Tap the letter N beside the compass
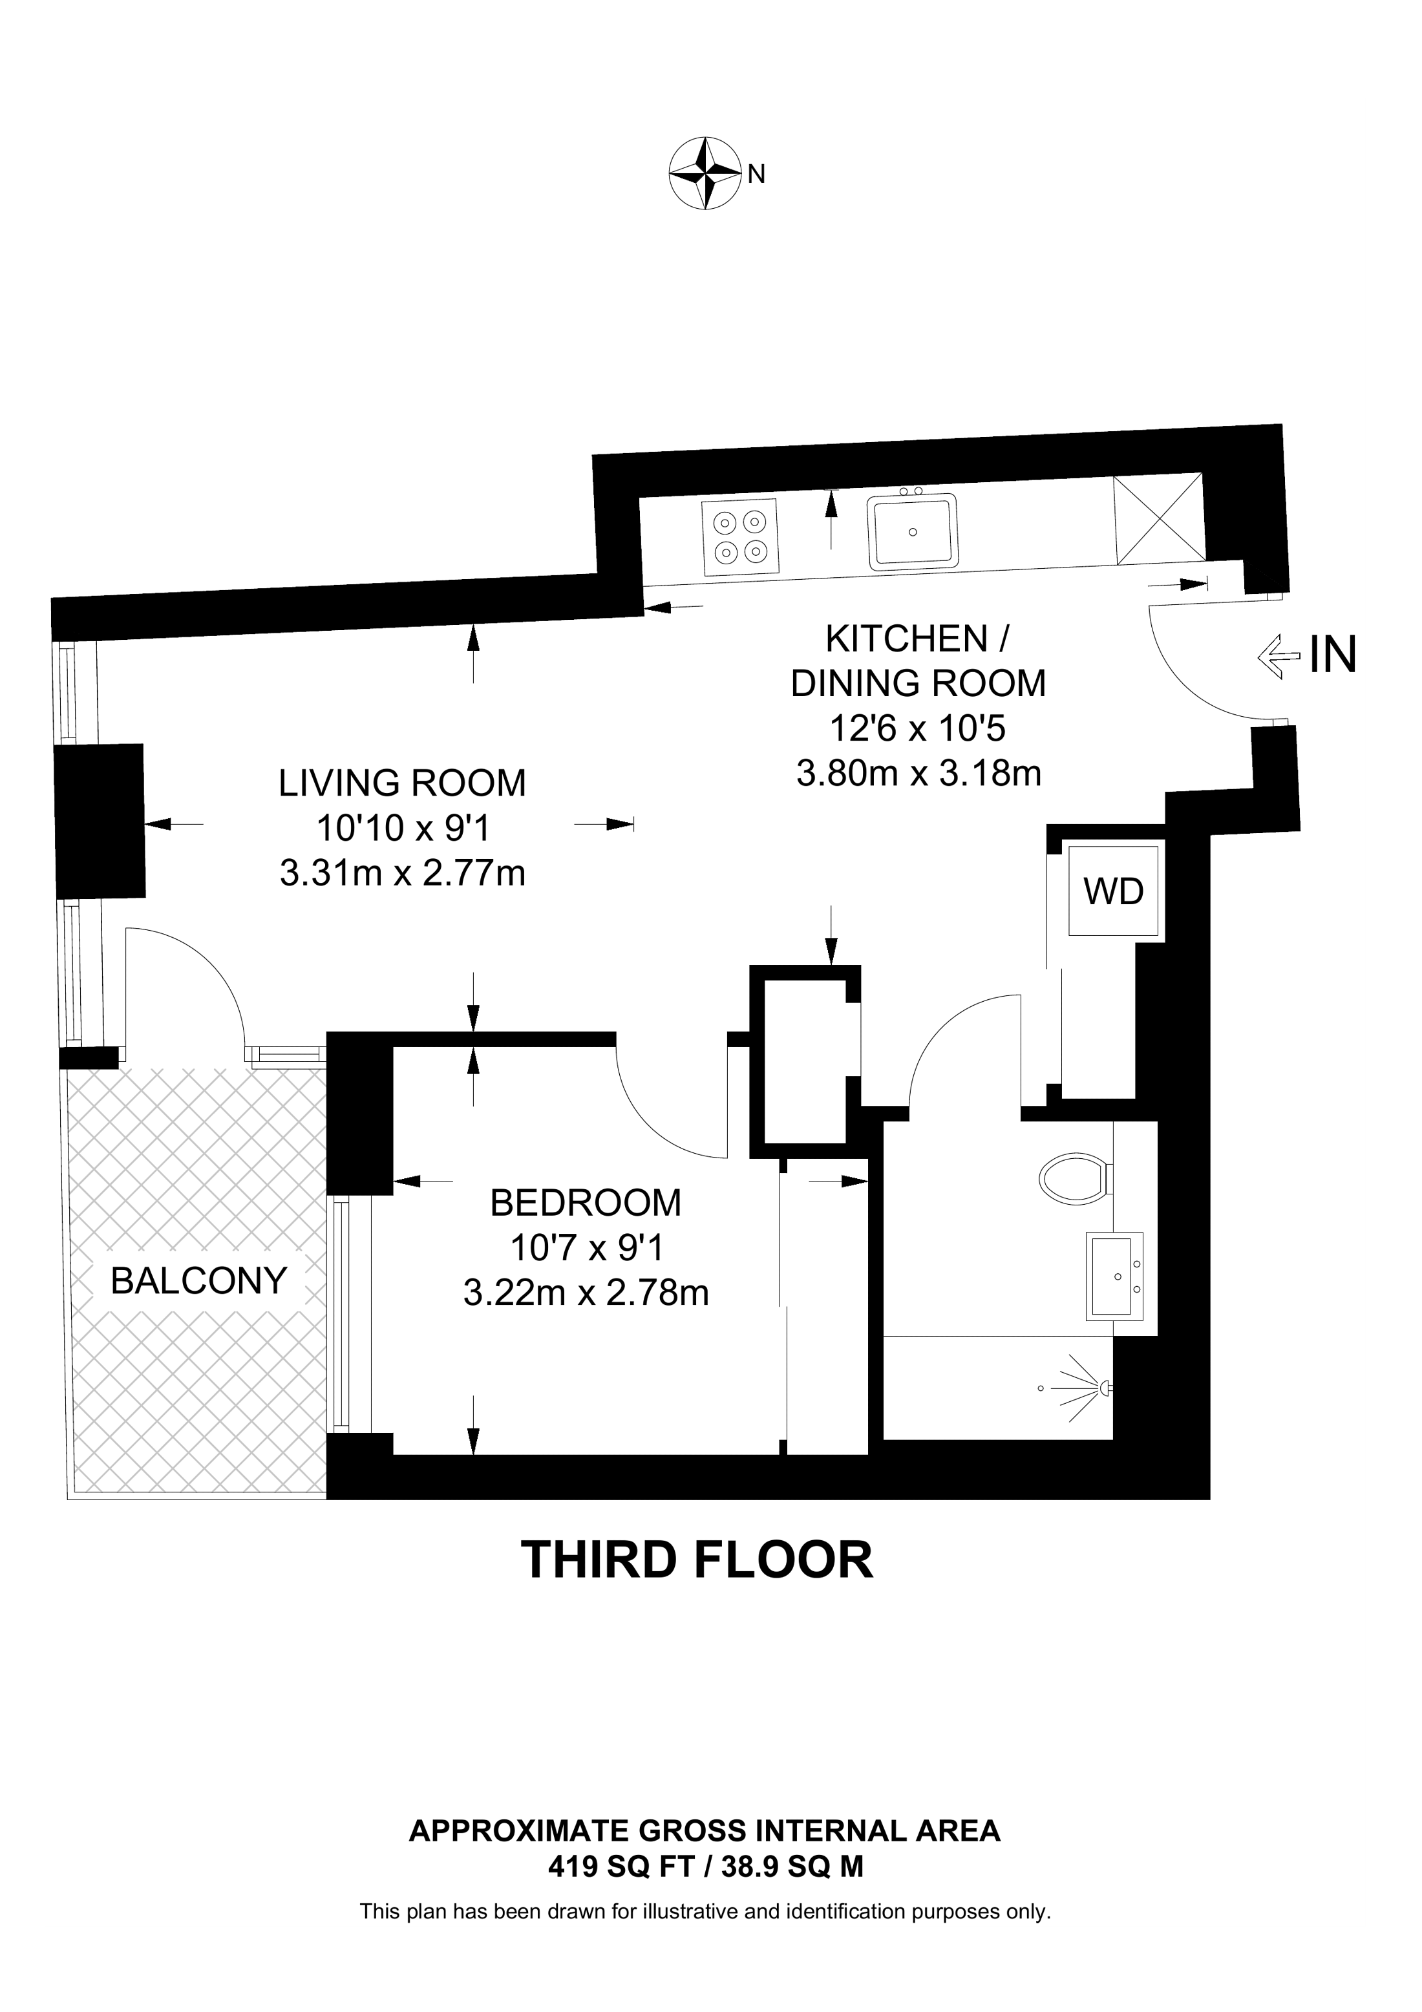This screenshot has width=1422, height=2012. point(757,175)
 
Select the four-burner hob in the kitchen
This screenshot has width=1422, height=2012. point(739,537)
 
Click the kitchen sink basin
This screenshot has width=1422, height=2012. point(913,532)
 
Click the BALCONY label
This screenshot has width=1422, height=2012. point(199,1282)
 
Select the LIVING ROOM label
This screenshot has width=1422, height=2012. point(402,783)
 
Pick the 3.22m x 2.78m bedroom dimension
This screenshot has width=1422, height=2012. point(585,1293)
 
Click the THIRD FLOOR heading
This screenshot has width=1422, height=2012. point(697,1561)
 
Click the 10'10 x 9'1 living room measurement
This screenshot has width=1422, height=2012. point(402,828)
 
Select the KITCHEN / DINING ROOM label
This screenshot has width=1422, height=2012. point(918,662)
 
